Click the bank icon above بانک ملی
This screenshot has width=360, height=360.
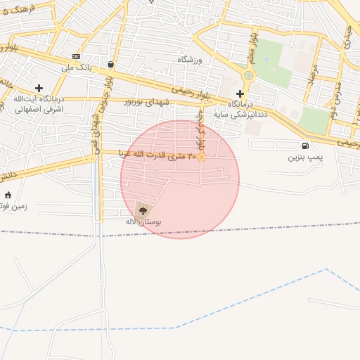(76, 57)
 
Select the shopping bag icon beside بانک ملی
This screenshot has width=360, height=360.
(111, 65)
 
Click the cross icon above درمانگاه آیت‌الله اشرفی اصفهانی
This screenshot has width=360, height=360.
(39, 88)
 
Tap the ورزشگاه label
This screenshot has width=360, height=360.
(189, 60)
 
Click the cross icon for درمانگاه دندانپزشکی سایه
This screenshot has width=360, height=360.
(240, 93)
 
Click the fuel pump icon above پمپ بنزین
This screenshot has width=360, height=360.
(305, 146)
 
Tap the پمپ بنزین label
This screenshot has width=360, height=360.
(305, 156)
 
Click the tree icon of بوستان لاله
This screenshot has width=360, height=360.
(143, 210)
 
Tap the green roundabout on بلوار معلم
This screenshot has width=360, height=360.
(247, 75)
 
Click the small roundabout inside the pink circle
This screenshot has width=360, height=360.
(202, 157)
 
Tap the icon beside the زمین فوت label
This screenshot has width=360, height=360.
(8, 195)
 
